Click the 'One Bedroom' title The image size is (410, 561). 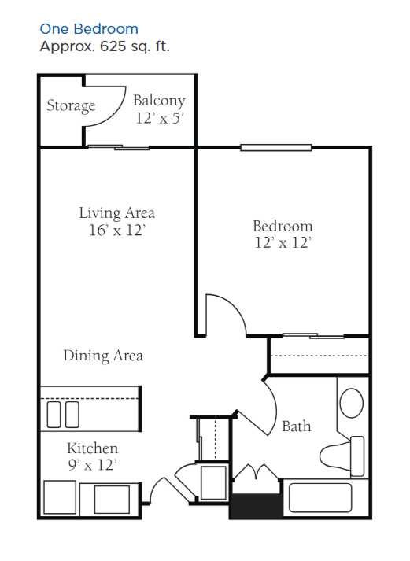point(89,29)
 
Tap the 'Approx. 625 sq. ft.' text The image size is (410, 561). point(105,46)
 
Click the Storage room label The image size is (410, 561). point(71,106)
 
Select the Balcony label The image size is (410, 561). point(159,101)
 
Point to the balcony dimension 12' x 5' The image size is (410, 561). point(160,118)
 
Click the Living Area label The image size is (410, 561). point(116,213)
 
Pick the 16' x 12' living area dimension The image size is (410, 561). point(117,230)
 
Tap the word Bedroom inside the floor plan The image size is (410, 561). point(283,226)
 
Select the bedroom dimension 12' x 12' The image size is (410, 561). point(283,243)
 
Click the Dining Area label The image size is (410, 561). point(103,356)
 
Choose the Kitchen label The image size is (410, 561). point(92,448)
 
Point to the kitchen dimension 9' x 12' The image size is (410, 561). point(92,465)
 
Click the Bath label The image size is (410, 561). point(296,426)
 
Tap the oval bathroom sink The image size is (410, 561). point(351,403)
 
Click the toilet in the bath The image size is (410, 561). point(342,456)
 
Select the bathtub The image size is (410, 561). point(320,498)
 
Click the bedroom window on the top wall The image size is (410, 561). point(276,147)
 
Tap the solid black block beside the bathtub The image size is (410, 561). point(256,506)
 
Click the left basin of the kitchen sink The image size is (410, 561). point(54,415)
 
